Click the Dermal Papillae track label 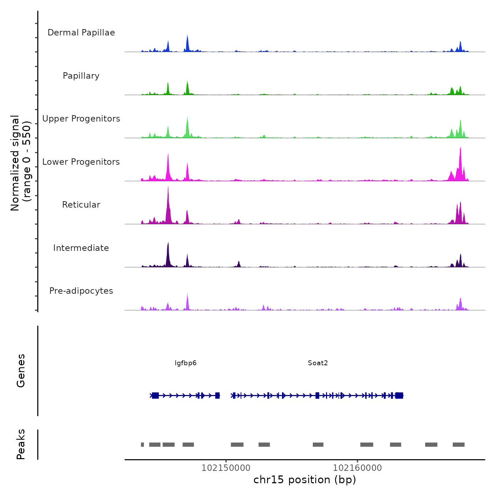81,33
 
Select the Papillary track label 81,76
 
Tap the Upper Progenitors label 81,119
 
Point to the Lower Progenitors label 81,162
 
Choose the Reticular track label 81,205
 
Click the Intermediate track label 81,248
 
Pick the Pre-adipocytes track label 81,291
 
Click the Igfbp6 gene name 186,363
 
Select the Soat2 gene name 318,363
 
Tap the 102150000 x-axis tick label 226,468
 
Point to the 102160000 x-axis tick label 357,468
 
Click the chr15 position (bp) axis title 305,480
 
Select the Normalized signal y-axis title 21,163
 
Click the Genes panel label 21,371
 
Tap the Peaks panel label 21,444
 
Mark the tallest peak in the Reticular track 168,187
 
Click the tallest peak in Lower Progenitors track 461,148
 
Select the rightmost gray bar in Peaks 458,445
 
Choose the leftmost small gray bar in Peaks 142,445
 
